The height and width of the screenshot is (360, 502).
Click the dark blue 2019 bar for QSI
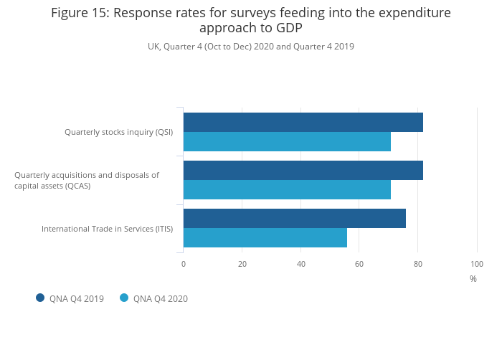[x=303, y=122]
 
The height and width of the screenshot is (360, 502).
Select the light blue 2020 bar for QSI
[x=287, y=141]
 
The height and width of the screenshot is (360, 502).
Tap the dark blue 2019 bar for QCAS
[x=303, y=170]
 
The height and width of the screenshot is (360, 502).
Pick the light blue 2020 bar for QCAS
[x=287, y=189]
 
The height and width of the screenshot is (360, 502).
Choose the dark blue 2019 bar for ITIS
[x=294, y=218]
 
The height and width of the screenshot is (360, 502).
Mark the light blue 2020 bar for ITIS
[x=265, y=237]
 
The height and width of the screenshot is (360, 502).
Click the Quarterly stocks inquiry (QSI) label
[x=118, y=132]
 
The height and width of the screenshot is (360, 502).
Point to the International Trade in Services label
[x=107, y=229]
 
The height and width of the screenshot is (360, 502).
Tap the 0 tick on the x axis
[x=184, y=264]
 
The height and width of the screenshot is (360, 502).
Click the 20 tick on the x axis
[x=242, y=264]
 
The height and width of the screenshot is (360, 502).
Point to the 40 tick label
[x=301, y=264]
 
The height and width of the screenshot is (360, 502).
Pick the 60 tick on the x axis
[x=359, y=264]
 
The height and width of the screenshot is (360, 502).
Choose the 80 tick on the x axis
[x=418, y=264]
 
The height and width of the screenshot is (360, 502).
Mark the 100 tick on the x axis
[x=477, y=264]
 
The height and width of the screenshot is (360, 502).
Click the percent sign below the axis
[x=473, y=279]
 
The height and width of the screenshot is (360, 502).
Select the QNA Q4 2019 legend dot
[x=40, y=298]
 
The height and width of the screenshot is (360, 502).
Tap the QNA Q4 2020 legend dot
[x=124, y=298]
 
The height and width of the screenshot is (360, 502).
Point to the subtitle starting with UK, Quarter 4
[x=251, y=47]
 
